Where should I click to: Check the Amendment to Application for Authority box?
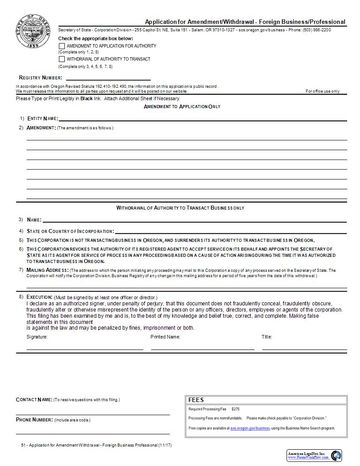(x=62, y=46)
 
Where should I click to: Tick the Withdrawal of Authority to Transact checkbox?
(x=62, y=59)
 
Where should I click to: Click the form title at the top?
(x=245, y=22)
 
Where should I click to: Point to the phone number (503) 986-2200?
(x=317, y=30)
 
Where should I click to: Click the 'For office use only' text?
(x=322, y=91)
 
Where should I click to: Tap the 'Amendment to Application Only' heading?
(x=182, y=107)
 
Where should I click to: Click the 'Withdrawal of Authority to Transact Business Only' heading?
(x=180, y=208)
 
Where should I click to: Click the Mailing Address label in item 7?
(x=47, y=270)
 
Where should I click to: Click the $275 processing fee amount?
(x=235, y=409)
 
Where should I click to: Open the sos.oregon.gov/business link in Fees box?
(x=250, y=428)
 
